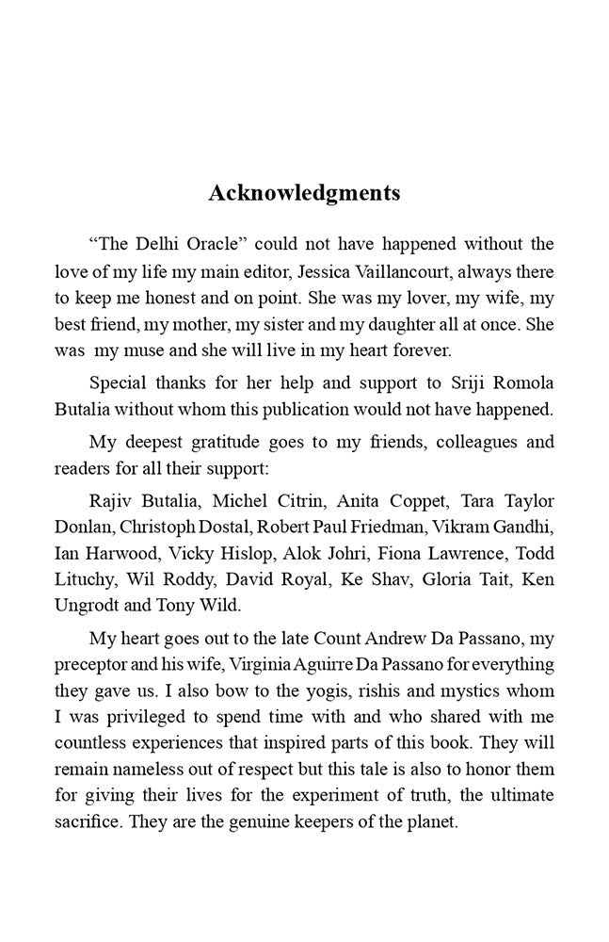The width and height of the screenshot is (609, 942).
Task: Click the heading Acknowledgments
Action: click(304, 193)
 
